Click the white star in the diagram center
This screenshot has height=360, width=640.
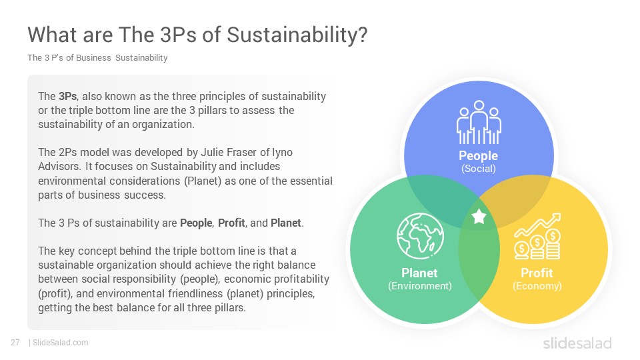(479, 216)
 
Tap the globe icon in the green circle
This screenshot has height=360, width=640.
(420, 236)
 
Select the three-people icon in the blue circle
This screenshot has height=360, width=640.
(479, 123)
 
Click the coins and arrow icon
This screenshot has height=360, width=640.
(537, 236)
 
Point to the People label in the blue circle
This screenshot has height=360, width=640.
(479, 155)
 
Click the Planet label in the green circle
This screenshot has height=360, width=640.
(419, 273)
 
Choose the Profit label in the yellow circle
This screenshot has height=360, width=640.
(537, 273)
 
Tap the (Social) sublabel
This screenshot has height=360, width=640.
(479, 169)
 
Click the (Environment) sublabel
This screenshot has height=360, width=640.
(419, 286)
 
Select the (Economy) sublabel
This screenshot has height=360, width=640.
(537, 286)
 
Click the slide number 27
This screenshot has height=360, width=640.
(15, 343)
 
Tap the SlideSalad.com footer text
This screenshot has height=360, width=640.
(61, 343)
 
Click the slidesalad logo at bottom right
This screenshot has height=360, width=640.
(577, 343)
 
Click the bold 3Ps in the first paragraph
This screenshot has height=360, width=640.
(68, 96)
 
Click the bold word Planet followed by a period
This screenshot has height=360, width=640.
(286, 223)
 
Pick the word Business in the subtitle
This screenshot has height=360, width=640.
(93, 58)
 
